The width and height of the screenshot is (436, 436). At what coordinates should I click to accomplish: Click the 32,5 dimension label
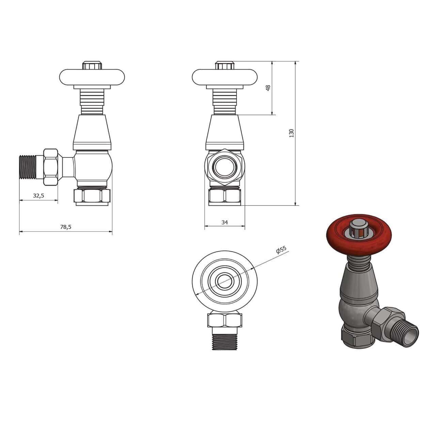[x=38, y=196]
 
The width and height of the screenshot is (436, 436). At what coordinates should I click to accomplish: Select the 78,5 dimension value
[x=66, y=227]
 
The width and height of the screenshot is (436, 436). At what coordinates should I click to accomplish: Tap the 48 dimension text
[x=268, y=88]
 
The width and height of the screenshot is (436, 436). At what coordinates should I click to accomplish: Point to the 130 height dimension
[x=291, y=133]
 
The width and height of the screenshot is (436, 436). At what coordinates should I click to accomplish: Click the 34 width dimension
[x=224, y=222]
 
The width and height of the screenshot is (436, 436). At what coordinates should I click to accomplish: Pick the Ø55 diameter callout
[x=282, y=250]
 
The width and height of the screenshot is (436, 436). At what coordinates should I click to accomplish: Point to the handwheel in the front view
[x=225, y=77]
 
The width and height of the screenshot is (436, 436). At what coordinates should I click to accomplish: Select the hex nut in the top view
[x=225, y=320]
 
